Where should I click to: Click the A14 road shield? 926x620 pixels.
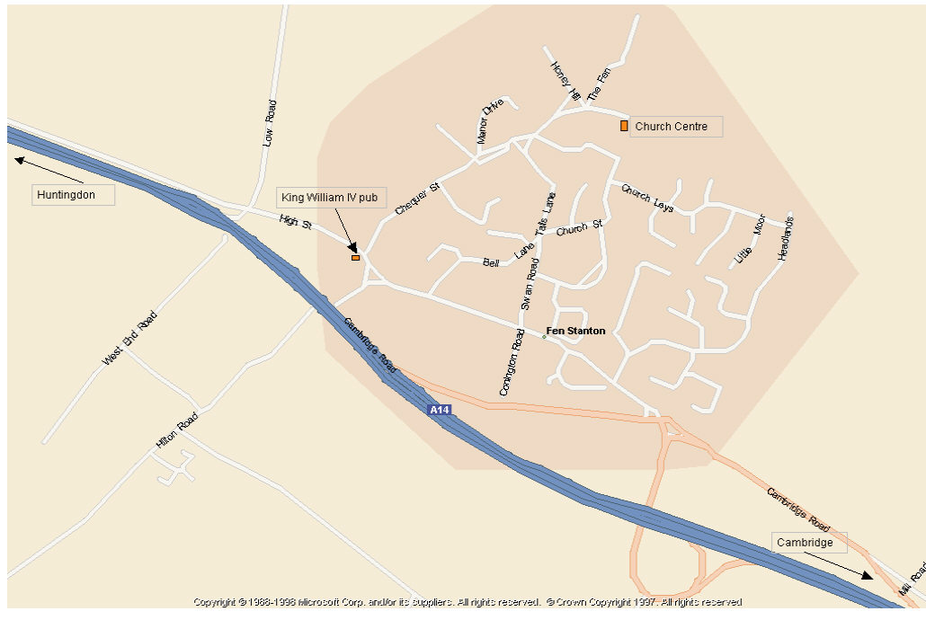point(439,410)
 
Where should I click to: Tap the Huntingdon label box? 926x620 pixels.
point(74,194)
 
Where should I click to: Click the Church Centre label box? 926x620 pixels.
point(675,127)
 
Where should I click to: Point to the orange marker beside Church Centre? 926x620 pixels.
point(624,126)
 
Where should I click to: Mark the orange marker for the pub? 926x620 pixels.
point(355,258)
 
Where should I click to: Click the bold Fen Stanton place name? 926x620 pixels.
point(575,331)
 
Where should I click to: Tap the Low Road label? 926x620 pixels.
point(269,123)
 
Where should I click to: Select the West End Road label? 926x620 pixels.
point(129,338)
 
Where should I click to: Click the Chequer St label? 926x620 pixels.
point(416,199)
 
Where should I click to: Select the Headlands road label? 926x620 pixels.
point(786,238)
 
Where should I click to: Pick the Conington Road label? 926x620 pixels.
point(511,363)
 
